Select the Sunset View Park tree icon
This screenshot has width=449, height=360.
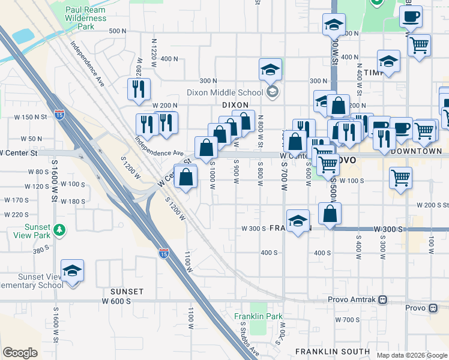click(59, 229)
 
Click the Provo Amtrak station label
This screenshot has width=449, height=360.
click(352, 299)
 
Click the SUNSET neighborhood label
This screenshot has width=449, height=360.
click(127, 292)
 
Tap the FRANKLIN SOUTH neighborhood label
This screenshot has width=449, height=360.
click(332, 351)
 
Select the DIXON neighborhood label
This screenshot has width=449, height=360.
click(235, 104)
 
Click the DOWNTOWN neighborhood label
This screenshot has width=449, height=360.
click(416, 151)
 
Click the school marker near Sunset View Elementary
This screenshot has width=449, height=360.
click(72, 271)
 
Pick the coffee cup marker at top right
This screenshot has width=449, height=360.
click(411, 17)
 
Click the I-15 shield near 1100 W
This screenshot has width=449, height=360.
click(163, 254)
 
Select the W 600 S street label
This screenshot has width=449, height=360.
click(116, 301)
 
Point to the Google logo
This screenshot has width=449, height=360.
click(20, 353)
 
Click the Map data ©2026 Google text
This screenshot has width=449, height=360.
click(411, 355)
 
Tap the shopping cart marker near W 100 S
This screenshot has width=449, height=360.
click(400, 178)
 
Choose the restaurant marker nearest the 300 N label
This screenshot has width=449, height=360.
click(139, 89)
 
